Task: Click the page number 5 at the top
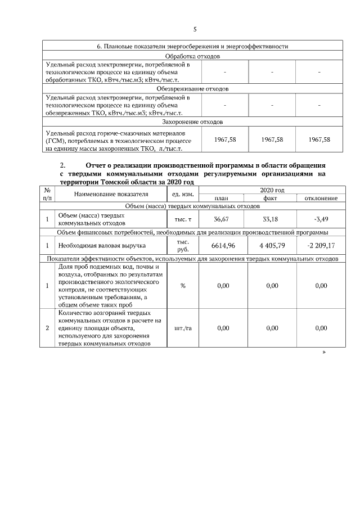(195, 29)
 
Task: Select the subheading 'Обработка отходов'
(192, 56)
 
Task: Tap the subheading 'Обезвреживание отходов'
(192, 89)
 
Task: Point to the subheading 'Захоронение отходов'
(192, 121)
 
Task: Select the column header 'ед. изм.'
(183, 194)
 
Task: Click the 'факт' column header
(272, 198)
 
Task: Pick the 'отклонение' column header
(321, 198)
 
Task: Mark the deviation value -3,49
(321, 218)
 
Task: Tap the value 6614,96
(222, 246)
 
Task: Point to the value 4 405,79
(272, 246)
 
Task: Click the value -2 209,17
(321, 246)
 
